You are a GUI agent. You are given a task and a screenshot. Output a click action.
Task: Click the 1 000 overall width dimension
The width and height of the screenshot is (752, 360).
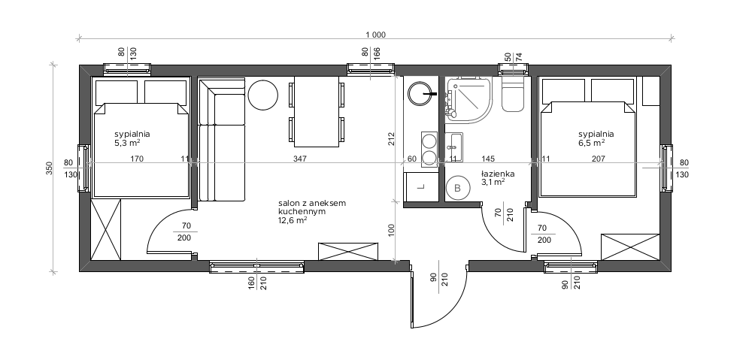375,35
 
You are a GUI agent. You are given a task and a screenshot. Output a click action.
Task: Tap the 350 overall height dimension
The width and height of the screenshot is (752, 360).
50,168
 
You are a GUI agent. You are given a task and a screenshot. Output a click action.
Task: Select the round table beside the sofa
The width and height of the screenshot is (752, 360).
262,95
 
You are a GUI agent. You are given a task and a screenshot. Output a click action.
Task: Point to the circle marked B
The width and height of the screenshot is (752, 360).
457,189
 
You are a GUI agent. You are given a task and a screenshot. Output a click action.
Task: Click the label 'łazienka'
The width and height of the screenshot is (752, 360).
498,174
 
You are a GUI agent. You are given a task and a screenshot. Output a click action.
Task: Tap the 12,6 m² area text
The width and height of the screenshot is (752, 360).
293,220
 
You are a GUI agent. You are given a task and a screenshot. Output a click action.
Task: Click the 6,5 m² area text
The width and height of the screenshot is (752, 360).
591,142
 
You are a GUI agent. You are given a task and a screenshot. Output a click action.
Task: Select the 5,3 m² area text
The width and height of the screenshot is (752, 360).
127,142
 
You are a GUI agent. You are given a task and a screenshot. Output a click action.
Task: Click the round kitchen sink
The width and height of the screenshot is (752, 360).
421,94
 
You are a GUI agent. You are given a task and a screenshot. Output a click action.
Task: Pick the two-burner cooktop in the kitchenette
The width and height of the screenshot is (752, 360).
429,149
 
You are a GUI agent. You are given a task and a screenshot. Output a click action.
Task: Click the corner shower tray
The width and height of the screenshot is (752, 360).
468,100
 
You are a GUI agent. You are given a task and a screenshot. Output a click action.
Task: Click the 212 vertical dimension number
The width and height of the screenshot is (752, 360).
391,139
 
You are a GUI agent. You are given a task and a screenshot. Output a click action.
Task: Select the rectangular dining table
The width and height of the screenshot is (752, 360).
317,112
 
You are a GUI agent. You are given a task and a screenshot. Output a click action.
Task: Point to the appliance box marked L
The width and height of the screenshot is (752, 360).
422,186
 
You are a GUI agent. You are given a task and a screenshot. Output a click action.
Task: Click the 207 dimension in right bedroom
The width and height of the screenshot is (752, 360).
599,158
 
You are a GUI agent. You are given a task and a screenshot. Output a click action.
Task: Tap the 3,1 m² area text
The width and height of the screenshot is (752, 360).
493,182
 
